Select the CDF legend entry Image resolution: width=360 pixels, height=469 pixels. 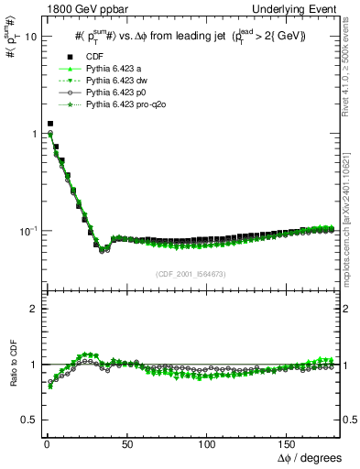[x=94, y=56]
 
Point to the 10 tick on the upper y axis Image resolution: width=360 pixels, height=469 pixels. [x=27, y=37]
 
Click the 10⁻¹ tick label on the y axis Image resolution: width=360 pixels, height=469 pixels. [x=24, y=230]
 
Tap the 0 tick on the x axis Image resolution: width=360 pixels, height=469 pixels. [x=45, y=443]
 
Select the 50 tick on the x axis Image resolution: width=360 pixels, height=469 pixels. [x=126, y=443]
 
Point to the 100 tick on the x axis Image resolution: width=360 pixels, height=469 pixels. [x=208, y=443]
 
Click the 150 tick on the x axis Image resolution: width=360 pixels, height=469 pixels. [x=289, y=443]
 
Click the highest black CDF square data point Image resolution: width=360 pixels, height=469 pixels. [x=50, y=123]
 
